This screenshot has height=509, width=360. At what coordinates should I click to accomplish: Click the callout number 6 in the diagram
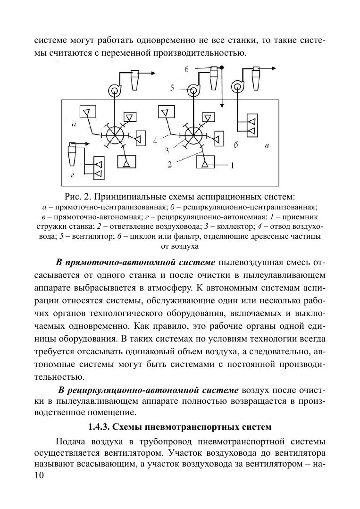(x=187, y=69)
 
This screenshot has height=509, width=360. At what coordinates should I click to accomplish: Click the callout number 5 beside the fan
(x=173, y=88)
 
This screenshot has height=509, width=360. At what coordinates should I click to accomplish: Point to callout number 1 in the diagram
(x=232, y=166)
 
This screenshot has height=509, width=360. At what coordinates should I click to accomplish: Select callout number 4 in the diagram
(x=154, y=140)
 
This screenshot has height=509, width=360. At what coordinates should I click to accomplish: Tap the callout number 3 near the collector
(x=167, y=151)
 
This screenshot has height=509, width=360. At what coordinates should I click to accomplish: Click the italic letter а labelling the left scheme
(x=74, y=125)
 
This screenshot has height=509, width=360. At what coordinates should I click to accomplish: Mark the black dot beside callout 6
(x=222, y=68)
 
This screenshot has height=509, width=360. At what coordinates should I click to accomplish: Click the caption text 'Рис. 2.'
(x=78, y=196)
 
